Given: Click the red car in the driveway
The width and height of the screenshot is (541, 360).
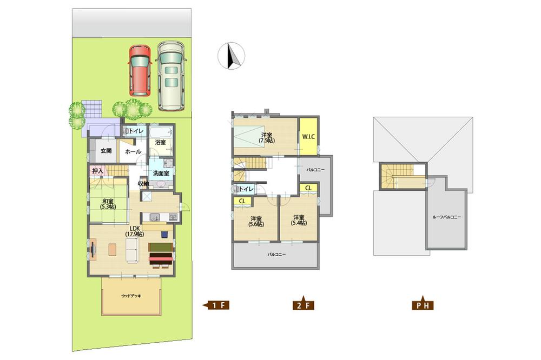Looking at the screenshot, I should click(140, 70).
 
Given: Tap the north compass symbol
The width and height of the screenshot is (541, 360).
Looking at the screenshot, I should click(231, 56).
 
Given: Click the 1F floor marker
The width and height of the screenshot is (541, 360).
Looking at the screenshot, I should click(217, 305).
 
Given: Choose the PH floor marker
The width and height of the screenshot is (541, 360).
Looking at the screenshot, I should click(422, 305).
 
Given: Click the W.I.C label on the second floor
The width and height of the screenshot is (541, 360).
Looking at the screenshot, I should click(308, 136).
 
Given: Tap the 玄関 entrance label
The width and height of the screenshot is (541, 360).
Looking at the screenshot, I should click(105, 151).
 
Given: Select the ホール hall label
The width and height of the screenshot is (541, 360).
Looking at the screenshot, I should click(133, 152).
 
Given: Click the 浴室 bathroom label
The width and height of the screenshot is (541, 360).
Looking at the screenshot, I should click(160, 143).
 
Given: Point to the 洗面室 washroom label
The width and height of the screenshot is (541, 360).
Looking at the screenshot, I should click(161, 174).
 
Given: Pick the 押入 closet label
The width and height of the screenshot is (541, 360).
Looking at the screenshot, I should click(98, 171).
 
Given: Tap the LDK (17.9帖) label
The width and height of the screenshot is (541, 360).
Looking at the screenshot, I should click(133, 231).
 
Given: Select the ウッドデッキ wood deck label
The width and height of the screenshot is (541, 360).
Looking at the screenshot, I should click(131, 296).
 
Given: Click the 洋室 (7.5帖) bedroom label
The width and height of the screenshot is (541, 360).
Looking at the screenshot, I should click(266, 137).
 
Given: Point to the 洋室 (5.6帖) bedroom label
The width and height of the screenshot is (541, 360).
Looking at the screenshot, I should click(256, 221).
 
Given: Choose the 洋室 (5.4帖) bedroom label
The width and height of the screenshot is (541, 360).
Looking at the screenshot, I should click(298, 221).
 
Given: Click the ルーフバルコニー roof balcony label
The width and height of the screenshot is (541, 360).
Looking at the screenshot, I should click(446, 217).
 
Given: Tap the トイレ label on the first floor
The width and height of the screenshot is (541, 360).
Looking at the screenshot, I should click(136, 131).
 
